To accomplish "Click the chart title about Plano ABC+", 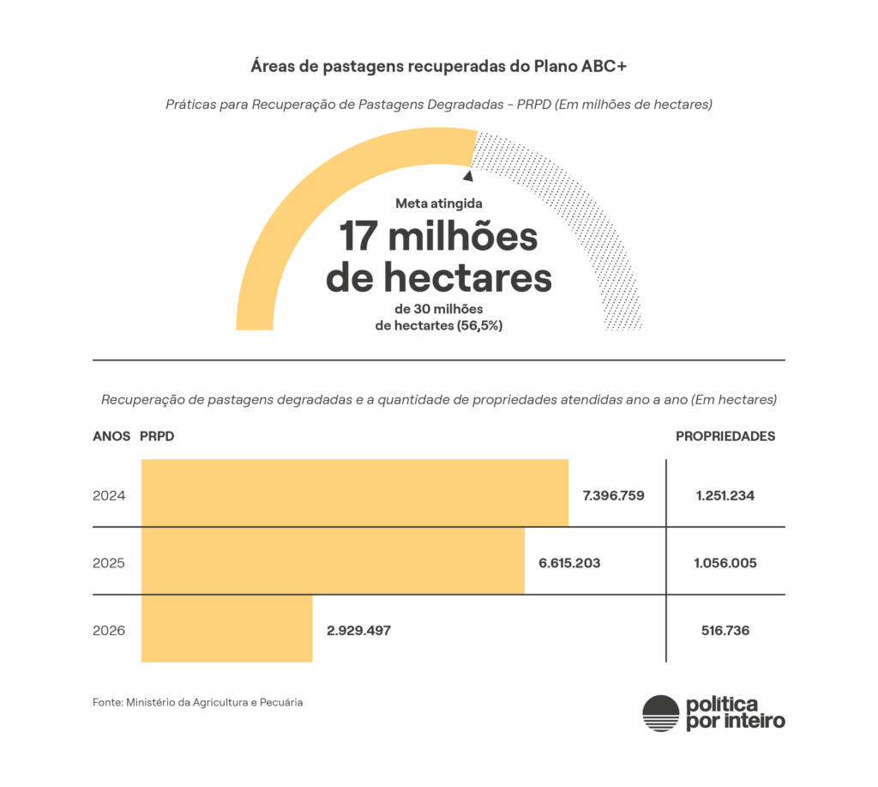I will (439, 66).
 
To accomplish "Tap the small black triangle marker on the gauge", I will (467, 176).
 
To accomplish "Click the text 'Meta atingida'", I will (439, 204).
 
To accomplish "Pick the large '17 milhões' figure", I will (439, 236).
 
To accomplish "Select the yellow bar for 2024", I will (354, 493).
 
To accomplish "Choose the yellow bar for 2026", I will (226, 628).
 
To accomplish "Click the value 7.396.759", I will (613, 495).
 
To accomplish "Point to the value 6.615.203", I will (569, 563).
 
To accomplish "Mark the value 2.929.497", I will (358, 630).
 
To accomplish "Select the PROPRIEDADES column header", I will (725, 436).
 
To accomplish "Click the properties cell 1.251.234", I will (725, 495).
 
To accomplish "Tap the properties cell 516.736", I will (725, 630).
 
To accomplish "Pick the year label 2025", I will (109, 563).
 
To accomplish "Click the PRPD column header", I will (157, 436).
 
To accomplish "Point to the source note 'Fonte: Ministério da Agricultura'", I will (198, 702).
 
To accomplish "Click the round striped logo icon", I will (660, 712).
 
